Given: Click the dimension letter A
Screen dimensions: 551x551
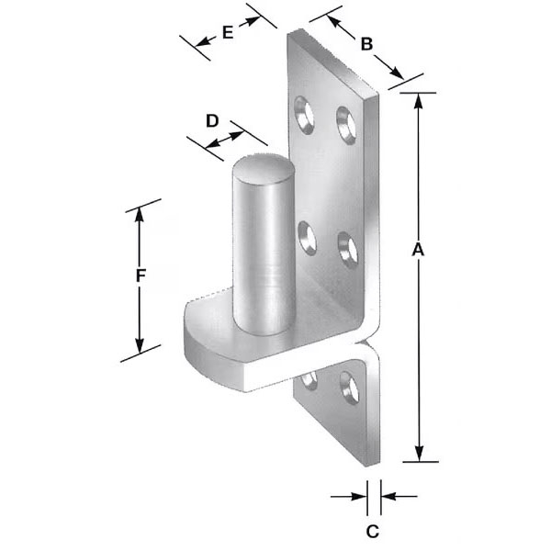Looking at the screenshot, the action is (418, 249).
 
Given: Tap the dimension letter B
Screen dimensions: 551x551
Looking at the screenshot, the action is (366, 44).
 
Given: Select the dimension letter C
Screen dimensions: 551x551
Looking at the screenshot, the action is (373, 532).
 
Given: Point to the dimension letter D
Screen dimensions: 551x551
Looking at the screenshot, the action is (212, 121).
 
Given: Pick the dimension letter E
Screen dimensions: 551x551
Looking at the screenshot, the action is (228, 33).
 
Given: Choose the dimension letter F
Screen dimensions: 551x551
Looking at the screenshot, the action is (141, 275).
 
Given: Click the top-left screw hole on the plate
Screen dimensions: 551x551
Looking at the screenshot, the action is (304, 115).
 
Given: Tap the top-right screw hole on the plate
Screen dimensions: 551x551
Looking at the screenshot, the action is (346, 125).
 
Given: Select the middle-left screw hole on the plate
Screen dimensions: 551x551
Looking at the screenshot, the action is (307, 238).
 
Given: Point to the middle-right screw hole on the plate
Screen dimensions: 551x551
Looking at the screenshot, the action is (348, 250).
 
